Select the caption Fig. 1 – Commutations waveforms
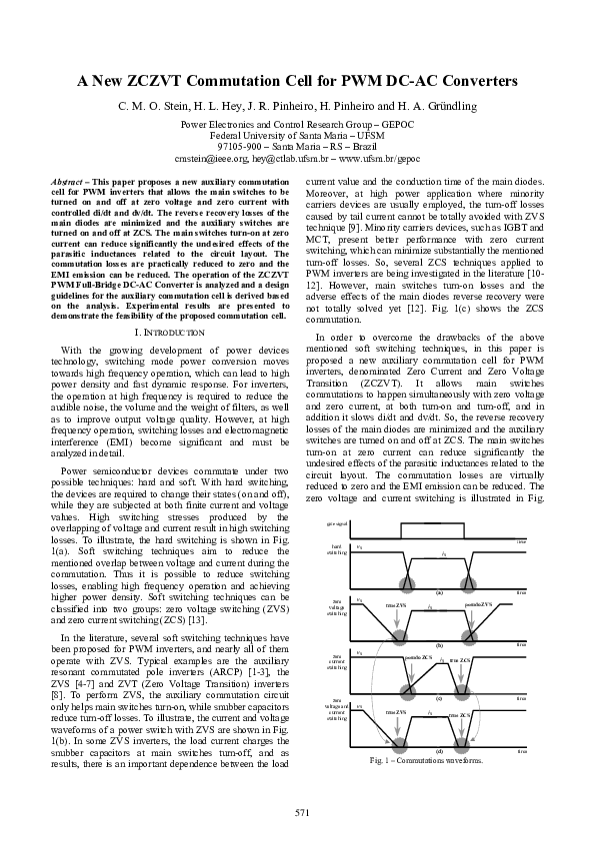[x=425, y=760]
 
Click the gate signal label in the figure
[x=336, y=525]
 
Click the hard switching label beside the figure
[x=336, y=550]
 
